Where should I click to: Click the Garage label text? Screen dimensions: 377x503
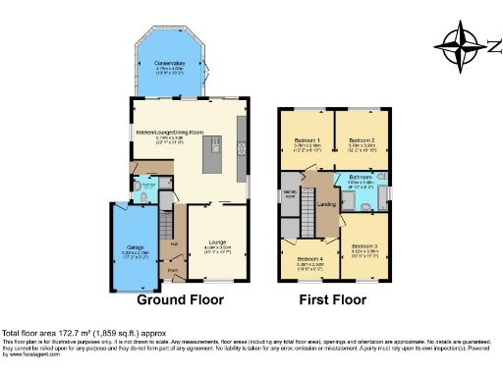tap(130, 245)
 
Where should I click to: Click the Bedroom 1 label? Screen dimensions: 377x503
tap(303, 139)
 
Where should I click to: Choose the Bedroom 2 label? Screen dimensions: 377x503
tap(360, 139)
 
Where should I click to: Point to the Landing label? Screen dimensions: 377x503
tap(327, 202)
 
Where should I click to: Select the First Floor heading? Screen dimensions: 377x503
tap(332, 299)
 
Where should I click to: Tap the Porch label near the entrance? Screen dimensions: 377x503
tap(173, 268)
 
